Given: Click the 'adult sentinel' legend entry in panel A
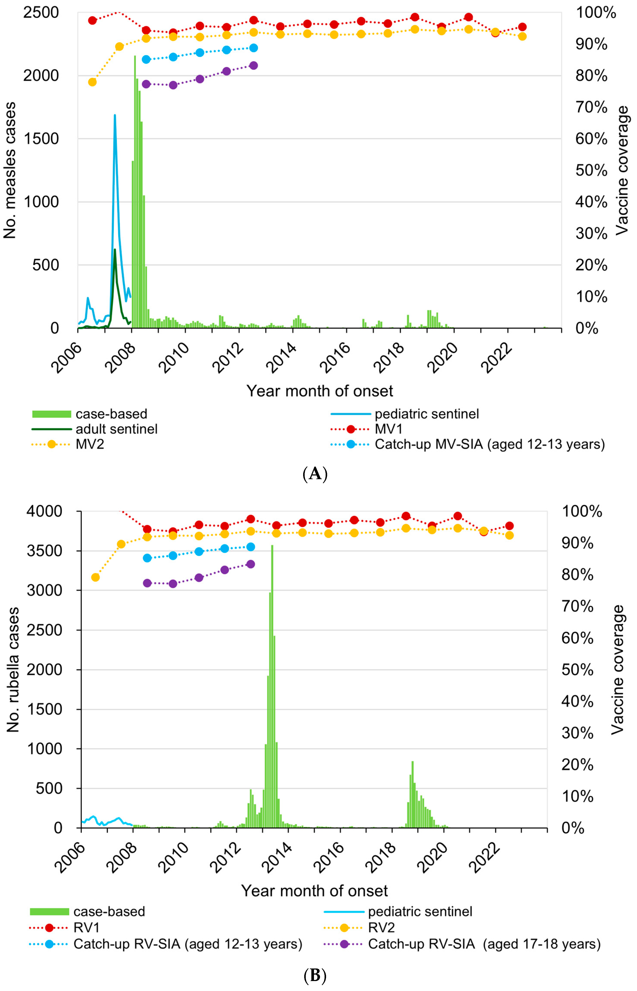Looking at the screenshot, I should tap(116, 429).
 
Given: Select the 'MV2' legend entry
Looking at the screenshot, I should tap(90, 444).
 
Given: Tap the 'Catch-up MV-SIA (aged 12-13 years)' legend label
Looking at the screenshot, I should tap(489, 444).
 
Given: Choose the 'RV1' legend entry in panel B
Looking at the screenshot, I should tap(87, 928).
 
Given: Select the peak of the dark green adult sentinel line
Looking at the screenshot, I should tap(115, 249).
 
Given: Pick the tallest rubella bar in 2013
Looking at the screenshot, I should tap(272, 546).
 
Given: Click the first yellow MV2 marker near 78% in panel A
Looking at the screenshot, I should tap(92, 82).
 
